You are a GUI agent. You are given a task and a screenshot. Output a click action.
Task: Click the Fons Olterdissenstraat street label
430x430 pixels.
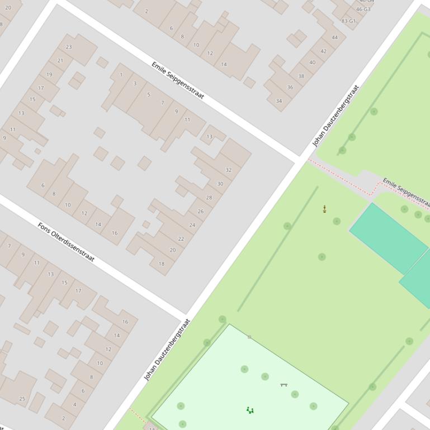coord(66,242)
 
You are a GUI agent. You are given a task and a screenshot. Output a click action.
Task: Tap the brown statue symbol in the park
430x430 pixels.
coord(324,209)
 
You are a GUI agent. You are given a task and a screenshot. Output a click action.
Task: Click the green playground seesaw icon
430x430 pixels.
coord(250,410)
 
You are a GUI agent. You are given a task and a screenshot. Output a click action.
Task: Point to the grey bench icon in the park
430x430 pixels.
coord(283,385)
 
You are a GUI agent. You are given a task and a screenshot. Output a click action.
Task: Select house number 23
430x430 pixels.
coord(69,47)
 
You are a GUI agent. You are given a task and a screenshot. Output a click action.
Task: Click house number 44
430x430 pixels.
coord(334,38)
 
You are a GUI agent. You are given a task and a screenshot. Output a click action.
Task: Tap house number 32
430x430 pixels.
coord(228,170)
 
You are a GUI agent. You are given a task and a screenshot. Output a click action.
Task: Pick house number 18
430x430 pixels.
coord(162,264)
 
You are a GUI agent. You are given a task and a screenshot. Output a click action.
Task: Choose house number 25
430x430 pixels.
coord(22,399)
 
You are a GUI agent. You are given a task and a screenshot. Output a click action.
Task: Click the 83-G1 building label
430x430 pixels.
coord(348,21)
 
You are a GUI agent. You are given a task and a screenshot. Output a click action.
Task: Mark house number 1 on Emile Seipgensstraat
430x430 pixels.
coord(121,75)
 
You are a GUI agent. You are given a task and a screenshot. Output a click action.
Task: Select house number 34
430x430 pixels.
coord(278,101)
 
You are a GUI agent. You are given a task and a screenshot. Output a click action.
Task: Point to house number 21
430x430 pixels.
coord(60,61)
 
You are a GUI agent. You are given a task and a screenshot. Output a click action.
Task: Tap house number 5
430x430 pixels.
coord(148,95)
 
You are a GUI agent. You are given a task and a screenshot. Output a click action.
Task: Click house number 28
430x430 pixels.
coord(209,198)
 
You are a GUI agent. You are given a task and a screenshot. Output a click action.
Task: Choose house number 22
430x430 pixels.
coord(181,239)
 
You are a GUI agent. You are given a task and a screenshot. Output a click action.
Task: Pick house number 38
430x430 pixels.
coord(301,77)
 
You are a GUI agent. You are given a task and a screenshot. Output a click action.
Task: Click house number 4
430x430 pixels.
coord(74,405)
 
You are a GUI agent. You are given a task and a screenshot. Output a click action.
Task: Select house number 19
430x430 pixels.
coord(49,75)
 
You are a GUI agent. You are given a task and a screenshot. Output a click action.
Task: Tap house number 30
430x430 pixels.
coord(220,184)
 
